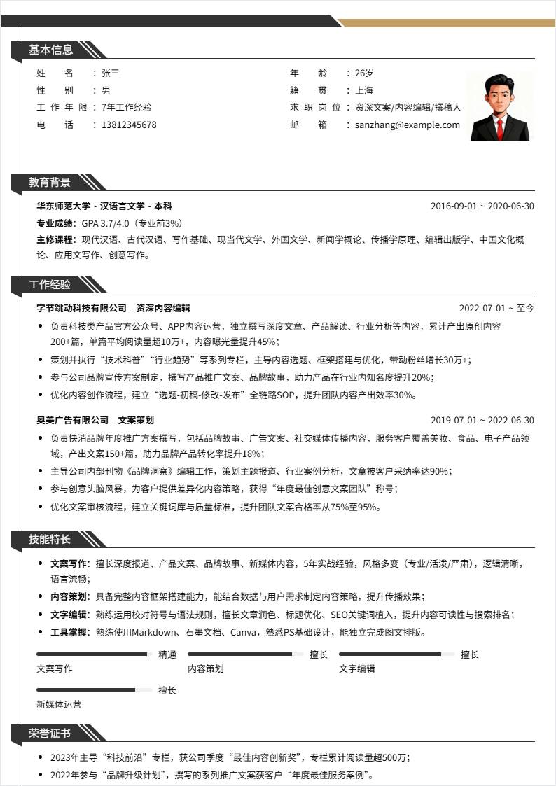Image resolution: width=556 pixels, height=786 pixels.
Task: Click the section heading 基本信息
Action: pos(50,50)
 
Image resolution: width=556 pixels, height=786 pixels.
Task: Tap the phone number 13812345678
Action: pos(129,125)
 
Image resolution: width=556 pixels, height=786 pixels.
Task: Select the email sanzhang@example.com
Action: pos(408,125)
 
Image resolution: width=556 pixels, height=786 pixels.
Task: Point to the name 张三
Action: pos(111,73)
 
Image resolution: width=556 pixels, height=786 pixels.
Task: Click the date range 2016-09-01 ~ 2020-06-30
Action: pos(482,206)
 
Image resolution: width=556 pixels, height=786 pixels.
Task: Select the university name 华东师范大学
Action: pos(64,206)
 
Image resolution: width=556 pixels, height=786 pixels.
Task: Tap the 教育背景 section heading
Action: pos(50,183)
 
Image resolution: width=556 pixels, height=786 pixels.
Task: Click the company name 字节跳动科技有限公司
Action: pos(82,308)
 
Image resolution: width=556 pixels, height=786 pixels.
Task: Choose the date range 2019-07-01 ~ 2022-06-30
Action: pos(482,421)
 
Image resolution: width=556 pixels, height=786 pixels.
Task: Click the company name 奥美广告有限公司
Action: pos(73,421)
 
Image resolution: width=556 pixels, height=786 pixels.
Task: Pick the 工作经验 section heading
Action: pos(50,285)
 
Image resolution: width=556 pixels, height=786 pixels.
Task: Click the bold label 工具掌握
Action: pos(69,633)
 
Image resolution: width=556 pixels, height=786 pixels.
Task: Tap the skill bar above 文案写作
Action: pos(94,654)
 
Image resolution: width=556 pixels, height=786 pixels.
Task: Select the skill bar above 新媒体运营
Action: pos(94,690)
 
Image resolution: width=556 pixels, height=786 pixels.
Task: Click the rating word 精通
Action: pos(167,655)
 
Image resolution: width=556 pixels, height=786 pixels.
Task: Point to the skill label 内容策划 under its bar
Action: pos(206,668)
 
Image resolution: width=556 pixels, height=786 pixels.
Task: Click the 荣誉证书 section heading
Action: pos(50,733)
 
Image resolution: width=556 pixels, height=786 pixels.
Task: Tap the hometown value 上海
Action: pos(364,90)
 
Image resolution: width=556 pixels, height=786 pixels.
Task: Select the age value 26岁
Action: pos(364,73)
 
